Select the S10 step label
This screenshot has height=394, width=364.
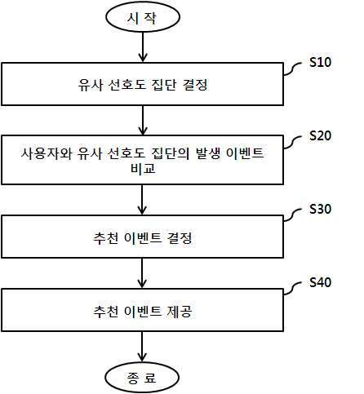pos(321,62)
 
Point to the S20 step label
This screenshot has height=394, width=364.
pos(321,135)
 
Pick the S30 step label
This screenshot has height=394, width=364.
pos(321,209)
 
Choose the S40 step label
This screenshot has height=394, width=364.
pos(321,282)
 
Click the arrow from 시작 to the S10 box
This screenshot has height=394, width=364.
pos(143,47)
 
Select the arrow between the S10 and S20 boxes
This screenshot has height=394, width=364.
pos(143,121)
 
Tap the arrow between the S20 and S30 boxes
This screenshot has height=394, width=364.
pos(142,200)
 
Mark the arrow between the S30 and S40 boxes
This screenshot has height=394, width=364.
pos(142,273)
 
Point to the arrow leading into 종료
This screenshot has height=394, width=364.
pos(142,347)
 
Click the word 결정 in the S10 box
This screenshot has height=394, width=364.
pos(195,85)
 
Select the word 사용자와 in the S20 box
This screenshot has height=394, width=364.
pos(47,153)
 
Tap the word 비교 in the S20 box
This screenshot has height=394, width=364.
pos(143,168)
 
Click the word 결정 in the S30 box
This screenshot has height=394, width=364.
pos(180,238)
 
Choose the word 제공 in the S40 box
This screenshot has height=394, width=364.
pos(180,312)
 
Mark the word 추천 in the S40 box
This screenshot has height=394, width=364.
pos(106,312)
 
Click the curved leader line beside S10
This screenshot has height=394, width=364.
pos(293,69)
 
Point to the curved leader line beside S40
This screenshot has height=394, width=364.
pos(293,289)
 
